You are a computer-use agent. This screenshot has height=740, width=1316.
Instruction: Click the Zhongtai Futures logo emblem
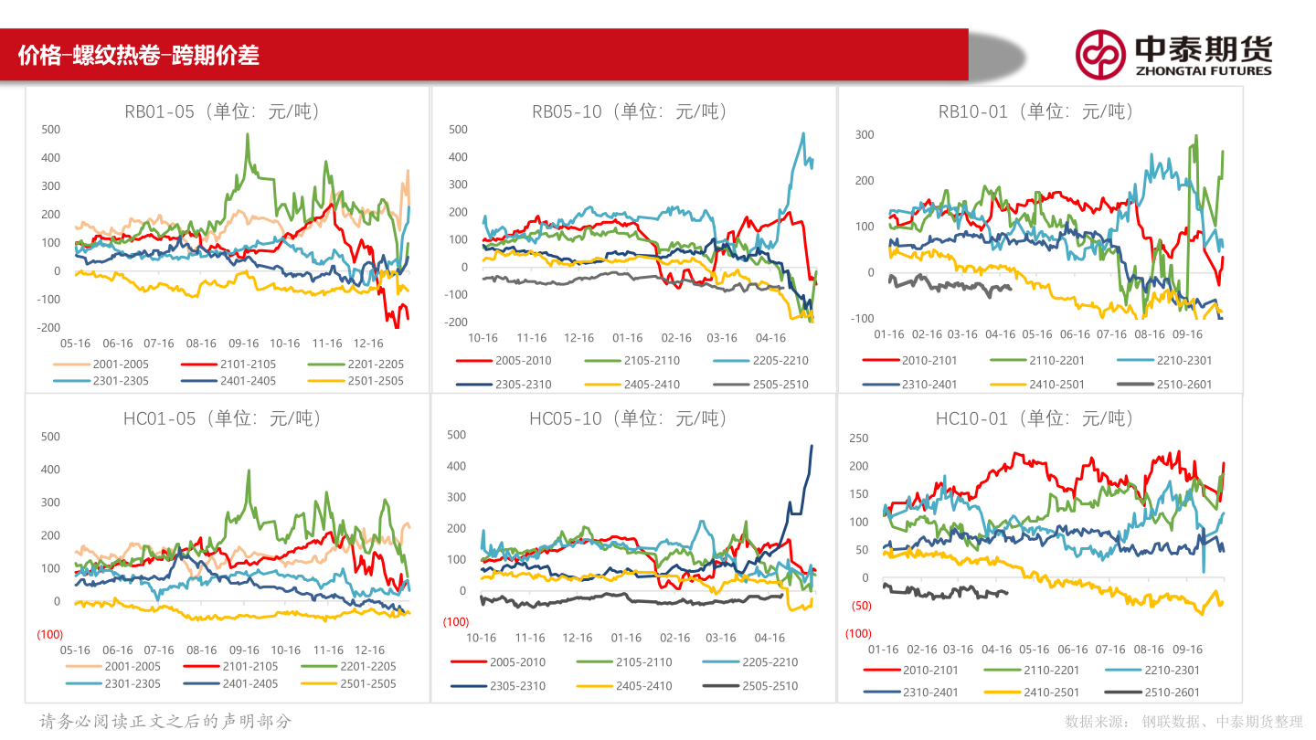(1099, 55)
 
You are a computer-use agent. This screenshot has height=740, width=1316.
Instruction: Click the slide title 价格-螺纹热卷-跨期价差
(139, 56)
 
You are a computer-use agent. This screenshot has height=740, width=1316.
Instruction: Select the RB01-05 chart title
(223, 112)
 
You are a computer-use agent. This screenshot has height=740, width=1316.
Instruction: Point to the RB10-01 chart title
(1035, 111)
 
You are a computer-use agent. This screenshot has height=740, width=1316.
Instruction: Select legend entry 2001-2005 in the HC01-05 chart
(132, 667)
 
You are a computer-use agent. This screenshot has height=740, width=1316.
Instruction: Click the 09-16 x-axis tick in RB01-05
(243, 344)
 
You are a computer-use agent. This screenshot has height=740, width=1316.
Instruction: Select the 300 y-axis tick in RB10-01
(864, 134)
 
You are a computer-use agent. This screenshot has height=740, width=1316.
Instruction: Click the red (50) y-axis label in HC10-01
(861, 606)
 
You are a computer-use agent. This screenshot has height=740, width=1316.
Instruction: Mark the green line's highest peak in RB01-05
(247, 135)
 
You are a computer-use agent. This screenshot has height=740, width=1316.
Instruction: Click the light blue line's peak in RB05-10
(803, 133)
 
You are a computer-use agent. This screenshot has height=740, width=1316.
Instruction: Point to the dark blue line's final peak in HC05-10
(812, 446)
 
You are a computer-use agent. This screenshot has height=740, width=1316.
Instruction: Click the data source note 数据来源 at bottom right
(1183, 722)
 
